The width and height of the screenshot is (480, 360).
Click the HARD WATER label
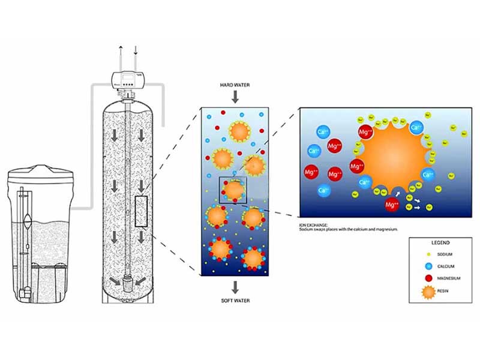click(235, 86)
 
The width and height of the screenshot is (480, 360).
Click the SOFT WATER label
click(235, 301)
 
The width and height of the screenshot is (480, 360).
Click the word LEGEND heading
click(435, 242)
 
